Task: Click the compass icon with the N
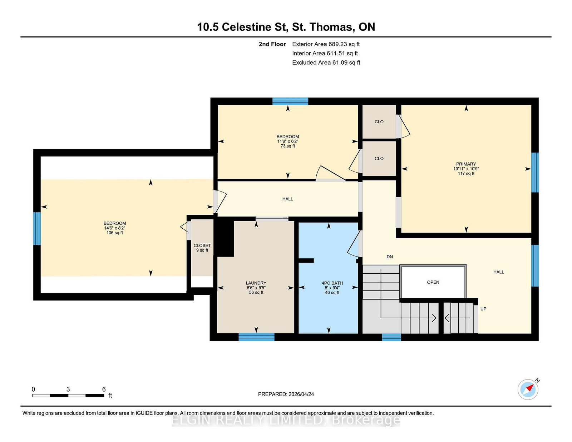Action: pos(528,389)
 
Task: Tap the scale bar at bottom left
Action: pos(68,395)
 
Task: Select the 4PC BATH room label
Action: pos(332,283)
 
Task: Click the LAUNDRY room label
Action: pos(256,283)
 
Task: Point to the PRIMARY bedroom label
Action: pos(466,164)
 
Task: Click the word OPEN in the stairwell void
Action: pos(433,282)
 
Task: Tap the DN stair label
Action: pos(390,257)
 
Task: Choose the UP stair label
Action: pos(483,309)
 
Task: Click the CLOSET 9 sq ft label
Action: pos(202,248)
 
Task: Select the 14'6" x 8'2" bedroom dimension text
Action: pos(115,228)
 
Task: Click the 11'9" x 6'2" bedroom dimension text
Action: pos(288,141)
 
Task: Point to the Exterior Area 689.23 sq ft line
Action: pos(326,44)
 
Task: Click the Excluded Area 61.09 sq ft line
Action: pos(326,63)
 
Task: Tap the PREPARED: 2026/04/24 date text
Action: pos(286,394)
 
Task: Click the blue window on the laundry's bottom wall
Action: pos(256,337)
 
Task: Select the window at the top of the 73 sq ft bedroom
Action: pos(290,101)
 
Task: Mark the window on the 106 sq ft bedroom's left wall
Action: pos(37,229)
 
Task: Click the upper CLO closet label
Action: pos(379,122)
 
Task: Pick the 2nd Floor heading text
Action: pos(272,44)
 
